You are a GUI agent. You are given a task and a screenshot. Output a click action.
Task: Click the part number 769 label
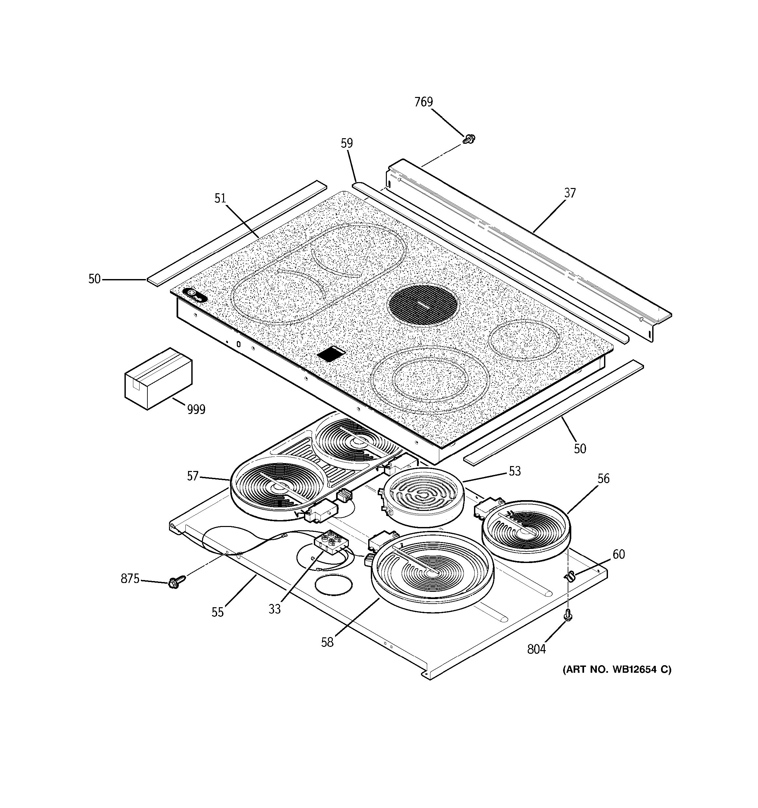[x=424, y=102]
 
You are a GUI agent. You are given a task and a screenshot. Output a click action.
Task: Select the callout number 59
[x=347, y=143]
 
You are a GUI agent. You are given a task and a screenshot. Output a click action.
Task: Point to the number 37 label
[x=570, y=193]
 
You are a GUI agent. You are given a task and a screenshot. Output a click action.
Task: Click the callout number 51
[x=220, y=198]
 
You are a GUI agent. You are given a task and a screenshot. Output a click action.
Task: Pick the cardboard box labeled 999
[x=158, y=378]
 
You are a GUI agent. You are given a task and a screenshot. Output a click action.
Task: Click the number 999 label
[x=196, y=409]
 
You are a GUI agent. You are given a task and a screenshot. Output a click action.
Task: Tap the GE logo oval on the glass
[x=195, y=295]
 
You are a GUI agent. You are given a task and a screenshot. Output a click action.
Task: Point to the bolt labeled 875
[x=176, y=584]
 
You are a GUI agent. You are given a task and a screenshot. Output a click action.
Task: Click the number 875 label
[x=130, y=579]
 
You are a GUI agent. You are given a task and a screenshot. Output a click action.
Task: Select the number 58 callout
[x=327, y=643]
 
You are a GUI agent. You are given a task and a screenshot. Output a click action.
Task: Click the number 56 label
[x=603, y=479]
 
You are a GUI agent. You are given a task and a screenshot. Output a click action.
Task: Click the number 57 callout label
[x=193, y=476]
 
